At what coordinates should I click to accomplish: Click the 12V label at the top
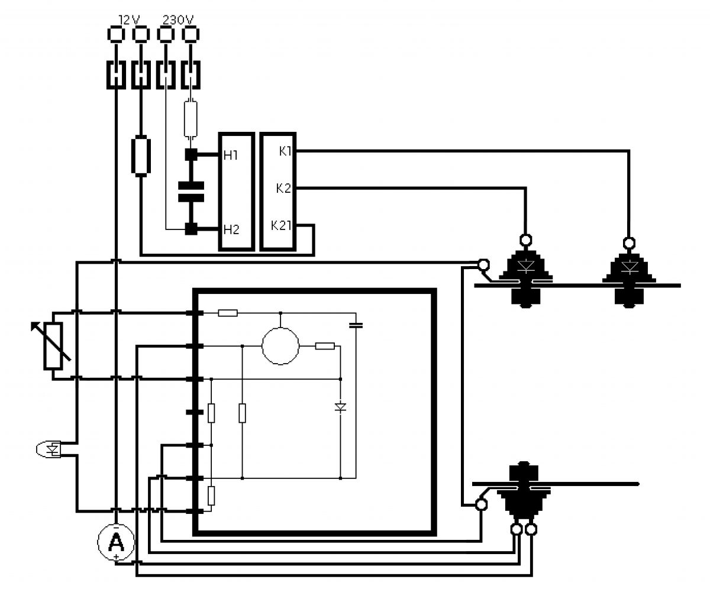point(129,20)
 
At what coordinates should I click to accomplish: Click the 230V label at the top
point(178,20)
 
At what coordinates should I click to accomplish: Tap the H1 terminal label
point(231,156)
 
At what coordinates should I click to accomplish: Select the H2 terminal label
point(231,229)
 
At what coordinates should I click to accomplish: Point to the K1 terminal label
point(285,151)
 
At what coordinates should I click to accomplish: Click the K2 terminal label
point(283,188)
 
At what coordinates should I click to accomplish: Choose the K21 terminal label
point(281,225)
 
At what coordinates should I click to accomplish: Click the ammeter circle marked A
point(116,542)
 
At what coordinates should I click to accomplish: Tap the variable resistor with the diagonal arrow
point(53,346)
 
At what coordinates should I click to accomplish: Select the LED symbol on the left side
point(49,449)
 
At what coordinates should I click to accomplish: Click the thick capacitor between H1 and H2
point(191,192)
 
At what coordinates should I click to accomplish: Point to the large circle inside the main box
point(280,346)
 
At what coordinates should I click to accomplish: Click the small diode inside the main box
point(340,407)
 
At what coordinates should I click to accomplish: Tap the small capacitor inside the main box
point(356,325)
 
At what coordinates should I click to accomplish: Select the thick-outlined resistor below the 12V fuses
point(141,156)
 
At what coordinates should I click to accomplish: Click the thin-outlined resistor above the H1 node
point(191,119)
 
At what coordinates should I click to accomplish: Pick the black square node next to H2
point(191,229)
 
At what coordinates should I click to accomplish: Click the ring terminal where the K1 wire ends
point(629,243)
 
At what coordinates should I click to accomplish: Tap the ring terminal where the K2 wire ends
point(525,239)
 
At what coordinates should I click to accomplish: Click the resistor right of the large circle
point(325,346)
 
